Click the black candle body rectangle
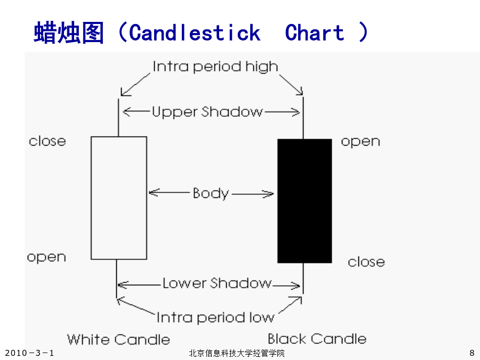[x=305, y=201]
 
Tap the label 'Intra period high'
[x=215, y=67]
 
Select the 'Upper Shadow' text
[x=207, y=112]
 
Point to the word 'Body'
[x=211, y=194]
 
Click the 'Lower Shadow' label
[x=217, y=283]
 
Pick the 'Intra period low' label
[x=215, y=317]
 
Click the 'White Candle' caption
[x=118, y=340]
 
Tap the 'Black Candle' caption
[x=317, y=339]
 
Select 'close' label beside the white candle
[x=47, y=141]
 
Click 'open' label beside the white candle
[x=46, y=258]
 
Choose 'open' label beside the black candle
[x=361, y=142]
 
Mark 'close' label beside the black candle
[x=366, y=262]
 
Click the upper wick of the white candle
[x=118, y=117]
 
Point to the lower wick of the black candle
[x=303, y=278]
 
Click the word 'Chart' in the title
[x=314, y=33]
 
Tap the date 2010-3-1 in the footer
[x=29, y=353]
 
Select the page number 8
[x=472, y=353]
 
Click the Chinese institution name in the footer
[x=237, y=353]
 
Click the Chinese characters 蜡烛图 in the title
[x=69, y=33]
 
